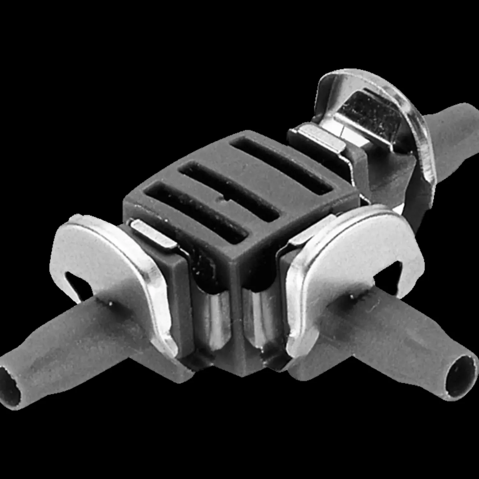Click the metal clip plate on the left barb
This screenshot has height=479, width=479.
point(105,255)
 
